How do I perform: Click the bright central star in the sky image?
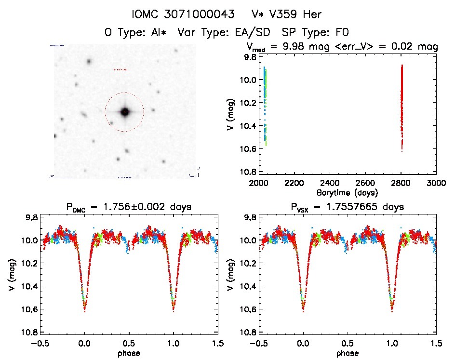[x=125, y=112]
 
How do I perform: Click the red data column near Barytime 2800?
[x=401, y=106]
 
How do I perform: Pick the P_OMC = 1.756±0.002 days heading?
[x=129, y=207]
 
